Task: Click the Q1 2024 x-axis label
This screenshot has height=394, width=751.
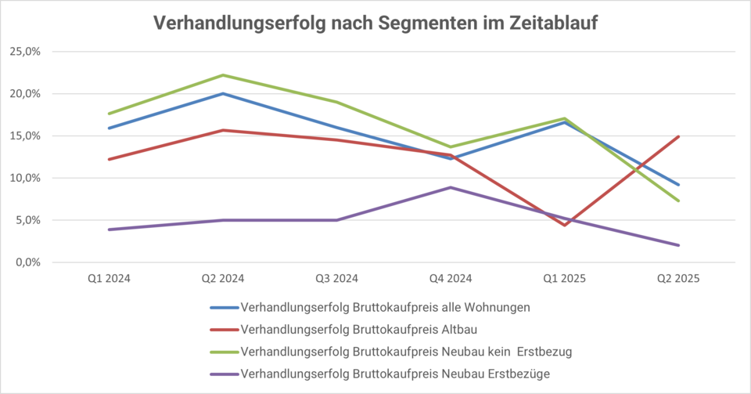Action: [109, 278]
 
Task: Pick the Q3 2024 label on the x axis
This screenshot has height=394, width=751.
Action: [336, 278]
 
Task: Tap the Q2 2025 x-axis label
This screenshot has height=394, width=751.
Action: [677, 278]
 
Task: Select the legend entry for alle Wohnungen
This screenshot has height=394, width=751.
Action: [385, 306]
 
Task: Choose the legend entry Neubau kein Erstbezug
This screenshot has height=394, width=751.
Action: [406, 352]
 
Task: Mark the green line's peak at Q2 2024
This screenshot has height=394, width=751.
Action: [223, 75]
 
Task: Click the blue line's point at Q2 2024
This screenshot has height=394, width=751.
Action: [223, 94]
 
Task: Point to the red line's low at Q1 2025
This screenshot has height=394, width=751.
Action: [564, 226]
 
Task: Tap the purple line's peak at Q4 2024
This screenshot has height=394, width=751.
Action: [451, 187]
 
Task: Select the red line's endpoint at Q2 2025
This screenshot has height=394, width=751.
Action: [677, 136]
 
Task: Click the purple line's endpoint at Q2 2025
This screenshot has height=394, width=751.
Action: [677, 245]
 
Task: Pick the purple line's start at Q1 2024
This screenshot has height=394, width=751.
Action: [109, 230]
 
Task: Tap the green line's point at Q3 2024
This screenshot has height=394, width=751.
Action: [336, 102]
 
